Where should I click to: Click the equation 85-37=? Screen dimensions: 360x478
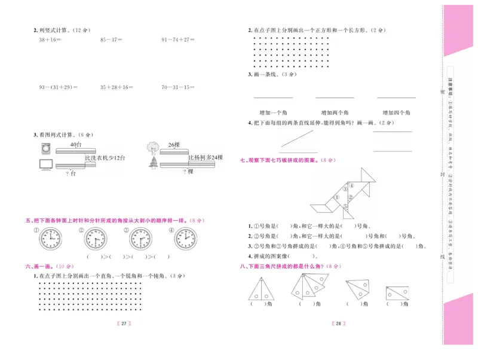point(111,39)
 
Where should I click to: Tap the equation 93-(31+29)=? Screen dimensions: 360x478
point(59,87)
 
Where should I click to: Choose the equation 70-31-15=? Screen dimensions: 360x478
point(178,87)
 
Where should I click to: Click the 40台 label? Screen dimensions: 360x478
point(75,145)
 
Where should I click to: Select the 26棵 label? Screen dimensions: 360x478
point(174,145)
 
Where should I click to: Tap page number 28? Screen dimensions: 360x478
point(338,324)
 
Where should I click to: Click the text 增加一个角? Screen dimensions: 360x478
point(274,112)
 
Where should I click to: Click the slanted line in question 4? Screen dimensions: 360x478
point(298,139)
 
